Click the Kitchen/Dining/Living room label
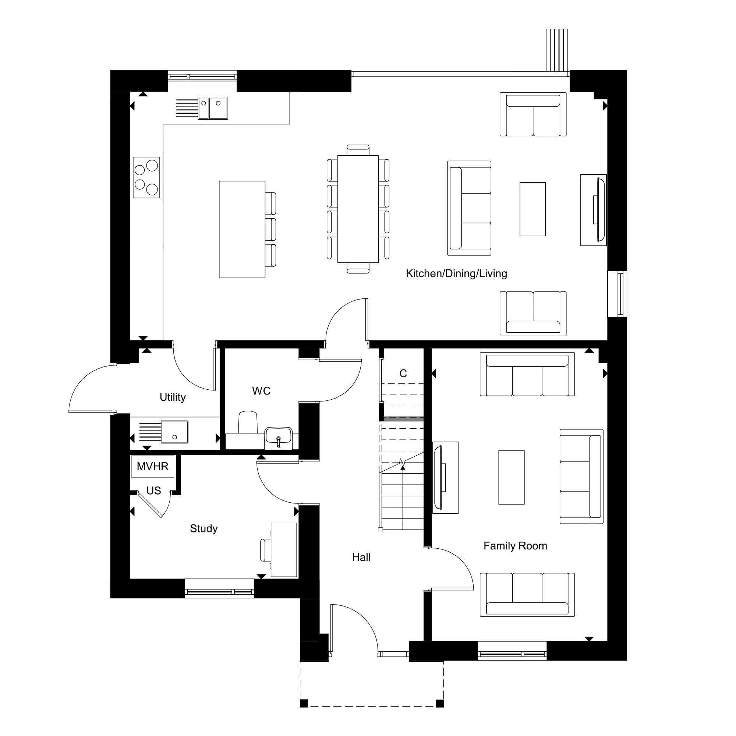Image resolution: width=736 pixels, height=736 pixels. click(x=456, y=274)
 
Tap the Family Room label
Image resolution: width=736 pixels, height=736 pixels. click(x=515, y=546)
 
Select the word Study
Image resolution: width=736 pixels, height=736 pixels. click(x=204, y=529)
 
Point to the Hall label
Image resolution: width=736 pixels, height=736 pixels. click(x=361, y=557)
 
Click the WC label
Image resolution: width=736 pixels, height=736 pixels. click(x=261, y=391)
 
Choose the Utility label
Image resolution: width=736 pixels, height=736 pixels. click(x=173, y=397)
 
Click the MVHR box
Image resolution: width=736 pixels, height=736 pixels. click(x=152, y=466)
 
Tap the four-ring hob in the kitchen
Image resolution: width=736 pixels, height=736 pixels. click(x=146, y=177)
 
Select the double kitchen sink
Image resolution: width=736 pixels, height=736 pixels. click(x=213, y=108)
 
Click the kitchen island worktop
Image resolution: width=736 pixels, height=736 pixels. click(x=242, y=229)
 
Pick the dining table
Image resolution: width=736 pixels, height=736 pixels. click(x=358, y=209)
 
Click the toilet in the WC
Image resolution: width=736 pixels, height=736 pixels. click(x=248, y=422)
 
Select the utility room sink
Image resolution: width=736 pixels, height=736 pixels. click(x=174, y=432)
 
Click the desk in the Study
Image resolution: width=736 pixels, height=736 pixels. click(x=284, y=550)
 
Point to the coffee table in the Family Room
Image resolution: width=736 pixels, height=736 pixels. click(x=511, y=477)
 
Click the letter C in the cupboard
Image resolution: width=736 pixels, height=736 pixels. click(x=403, y=373)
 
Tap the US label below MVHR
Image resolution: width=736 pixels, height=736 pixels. click(x=153, y=491)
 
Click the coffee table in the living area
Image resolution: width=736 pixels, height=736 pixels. click(x=532, y=209)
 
